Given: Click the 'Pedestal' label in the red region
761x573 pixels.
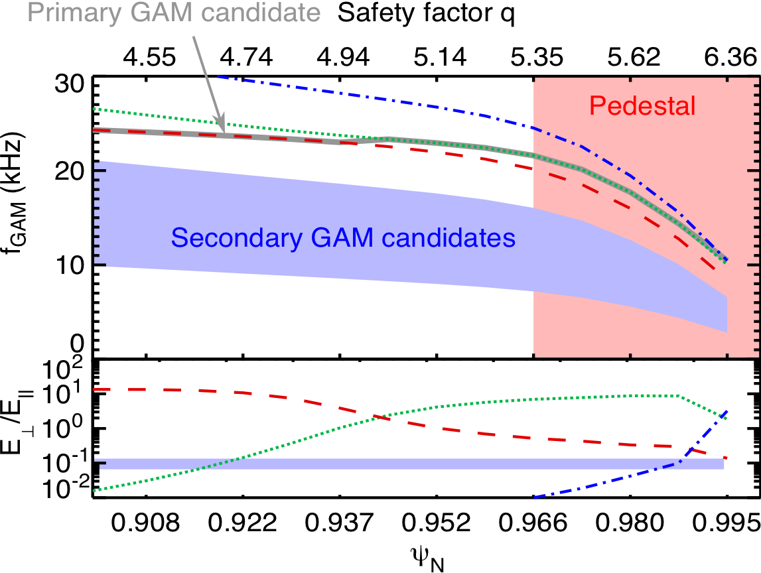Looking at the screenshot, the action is [642, 105].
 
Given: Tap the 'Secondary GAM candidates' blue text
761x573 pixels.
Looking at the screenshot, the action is [342, 237].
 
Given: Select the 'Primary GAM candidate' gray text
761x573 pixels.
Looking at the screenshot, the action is [174, 13].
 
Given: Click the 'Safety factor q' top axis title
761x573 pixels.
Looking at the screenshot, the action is [426, 13].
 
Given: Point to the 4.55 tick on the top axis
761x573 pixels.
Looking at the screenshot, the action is [149, 57].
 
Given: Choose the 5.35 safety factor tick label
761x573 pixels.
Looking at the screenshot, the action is [536, 57].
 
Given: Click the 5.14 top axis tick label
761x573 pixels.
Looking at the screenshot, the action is [440, 57].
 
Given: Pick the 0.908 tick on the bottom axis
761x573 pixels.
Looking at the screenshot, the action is [145, 523].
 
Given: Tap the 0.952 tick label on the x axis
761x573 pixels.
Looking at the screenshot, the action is [437, 523].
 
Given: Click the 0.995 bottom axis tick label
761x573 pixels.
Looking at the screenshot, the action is [726, 523].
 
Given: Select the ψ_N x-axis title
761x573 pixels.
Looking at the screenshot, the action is [427, 558].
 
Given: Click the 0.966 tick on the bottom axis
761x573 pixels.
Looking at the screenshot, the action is [533, 523].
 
